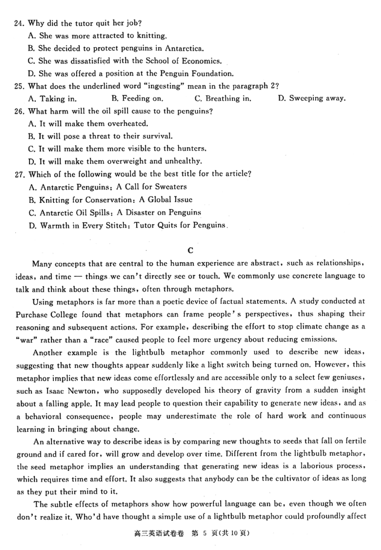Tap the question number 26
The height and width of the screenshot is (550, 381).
point(20,111)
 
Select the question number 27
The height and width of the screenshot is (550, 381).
point(20,174)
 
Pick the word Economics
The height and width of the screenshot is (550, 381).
point(202,60)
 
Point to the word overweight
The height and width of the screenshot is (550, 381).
point(130,161)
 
